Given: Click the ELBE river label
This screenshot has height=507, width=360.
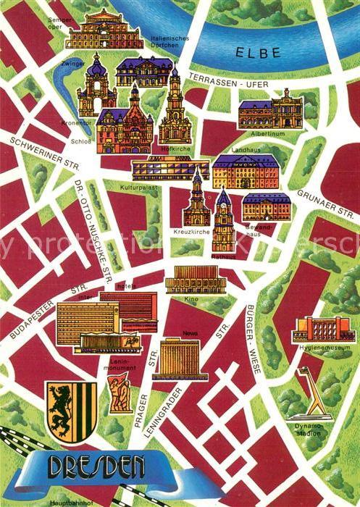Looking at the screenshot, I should pos(254,51).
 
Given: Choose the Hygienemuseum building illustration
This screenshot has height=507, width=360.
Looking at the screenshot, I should pos(323,330).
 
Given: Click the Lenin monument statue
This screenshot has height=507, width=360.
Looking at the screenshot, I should pos(120,395).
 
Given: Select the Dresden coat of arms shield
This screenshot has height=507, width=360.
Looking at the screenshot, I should pos(72,411).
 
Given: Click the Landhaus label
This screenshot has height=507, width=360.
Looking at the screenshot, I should pos(240,150).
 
